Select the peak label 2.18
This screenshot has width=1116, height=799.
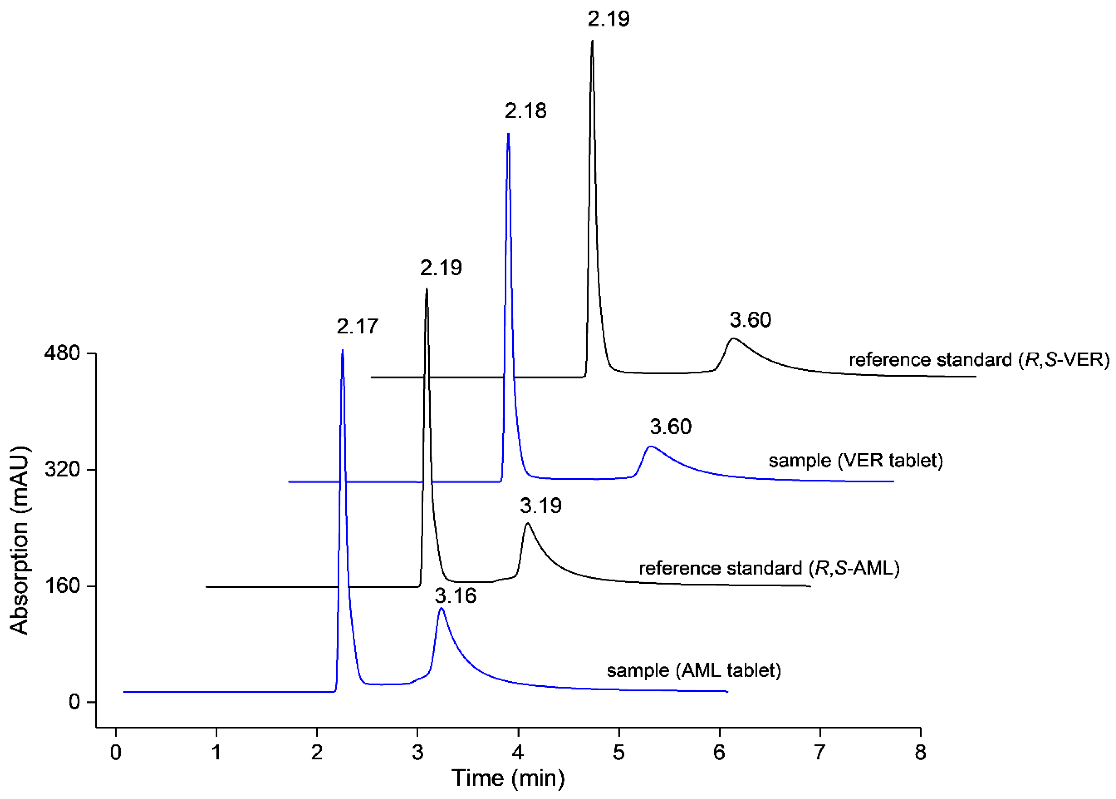525,111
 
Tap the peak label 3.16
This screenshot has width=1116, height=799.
456,596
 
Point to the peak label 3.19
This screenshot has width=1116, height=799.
541,506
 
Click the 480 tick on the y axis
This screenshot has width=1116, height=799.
61,353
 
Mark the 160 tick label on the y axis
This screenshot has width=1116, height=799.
61,586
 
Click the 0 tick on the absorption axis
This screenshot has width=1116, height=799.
74,702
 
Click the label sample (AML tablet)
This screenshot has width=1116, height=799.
693,671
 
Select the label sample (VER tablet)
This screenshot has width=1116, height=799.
856,461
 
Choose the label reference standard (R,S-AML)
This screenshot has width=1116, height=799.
769,569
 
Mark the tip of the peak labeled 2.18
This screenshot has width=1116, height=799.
508,133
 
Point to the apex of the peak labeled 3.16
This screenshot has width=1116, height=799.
441,608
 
